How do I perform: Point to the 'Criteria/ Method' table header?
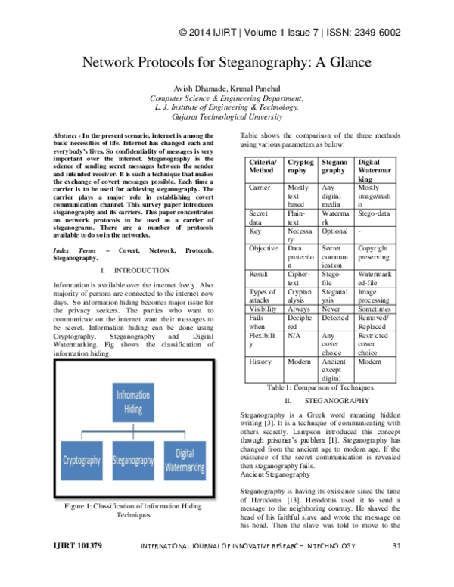263,166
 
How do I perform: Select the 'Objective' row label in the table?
263,248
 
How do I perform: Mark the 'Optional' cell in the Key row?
335,231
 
